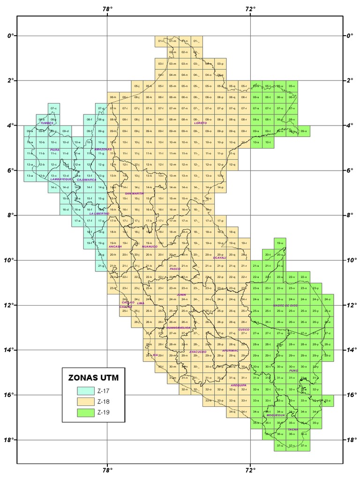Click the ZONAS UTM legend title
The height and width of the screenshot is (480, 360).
pyautogui.click(x=93, y=377)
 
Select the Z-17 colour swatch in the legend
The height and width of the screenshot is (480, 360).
pyautogui.click(x=85, y=390)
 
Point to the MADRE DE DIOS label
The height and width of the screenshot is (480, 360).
pyautogui.click(x=285, y=305)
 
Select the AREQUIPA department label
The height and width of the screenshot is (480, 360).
pyautogui.click(x=238, y=385)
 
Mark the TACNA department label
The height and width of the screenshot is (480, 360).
pyautogui.click(x=293, y=429)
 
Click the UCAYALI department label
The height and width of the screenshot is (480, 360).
pyautogui.click(x=219, y=257)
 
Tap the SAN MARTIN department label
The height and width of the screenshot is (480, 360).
pyautogui.click(x=134, y=193)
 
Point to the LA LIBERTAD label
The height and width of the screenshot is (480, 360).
pyautogui.click(x=99, y=213)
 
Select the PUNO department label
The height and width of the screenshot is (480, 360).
pyautogui.click(x=294, y=370)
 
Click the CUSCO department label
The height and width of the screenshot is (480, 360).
pyautogui.click(x=244, y=330)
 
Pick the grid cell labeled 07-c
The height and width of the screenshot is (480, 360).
pyautogui.click(x=53, y=109)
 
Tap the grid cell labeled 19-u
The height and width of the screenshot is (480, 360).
pyautogui.click(x=280, y=243)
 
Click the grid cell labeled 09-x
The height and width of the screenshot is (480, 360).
pyautogui.click(x=304, y=131)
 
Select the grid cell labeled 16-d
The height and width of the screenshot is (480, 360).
pyautogui.click(x=66, y=210)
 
